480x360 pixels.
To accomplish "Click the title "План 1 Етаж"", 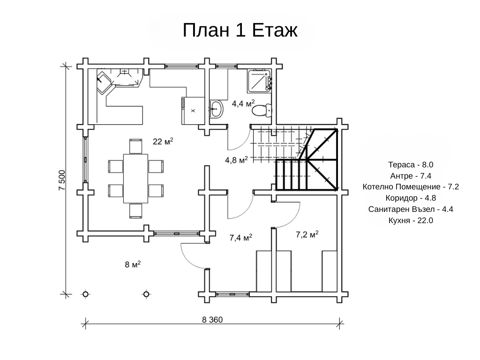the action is tap(240, 30).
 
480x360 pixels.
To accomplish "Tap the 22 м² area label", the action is tap(163, 142).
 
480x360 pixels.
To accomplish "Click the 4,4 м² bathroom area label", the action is tap(243, 104).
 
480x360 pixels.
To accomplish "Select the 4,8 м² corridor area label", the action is tap(236, 160).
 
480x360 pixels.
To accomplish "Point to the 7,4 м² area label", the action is tap(240, 238).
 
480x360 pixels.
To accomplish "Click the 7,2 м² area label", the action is tap(307, 234).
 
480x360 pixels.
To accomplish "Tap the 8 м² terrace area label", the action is tap(133, 264).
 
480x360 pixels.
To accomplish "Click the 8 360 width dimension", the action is tap(212, 320).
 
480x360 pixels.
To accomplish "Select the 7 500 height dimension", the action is tap(62, 180).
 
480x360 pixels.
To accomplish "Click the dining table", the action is tap(135, 179).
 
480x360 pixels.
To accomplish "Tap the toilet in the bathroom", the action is tap(262, 110).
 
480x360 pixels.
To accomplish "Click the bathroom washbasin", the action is tap(217, 109).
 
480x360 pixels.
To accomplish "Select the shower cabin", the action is tap(259, 81).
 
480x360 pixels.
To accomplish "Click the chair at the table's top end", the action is tap(135, 146).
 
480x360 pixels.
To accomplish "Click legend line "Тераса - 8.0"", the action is tap(411, 165).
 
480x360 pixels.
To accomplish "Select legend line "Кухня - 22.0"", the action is tap(411, 220).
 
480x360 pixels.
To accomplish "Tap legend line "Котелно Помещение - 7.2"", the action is tap(411, 187).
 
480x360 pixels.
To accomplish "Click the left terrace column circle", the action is tap(86, 294).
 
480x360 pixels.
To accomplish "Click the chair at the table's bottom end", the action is tap(135, 211).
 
